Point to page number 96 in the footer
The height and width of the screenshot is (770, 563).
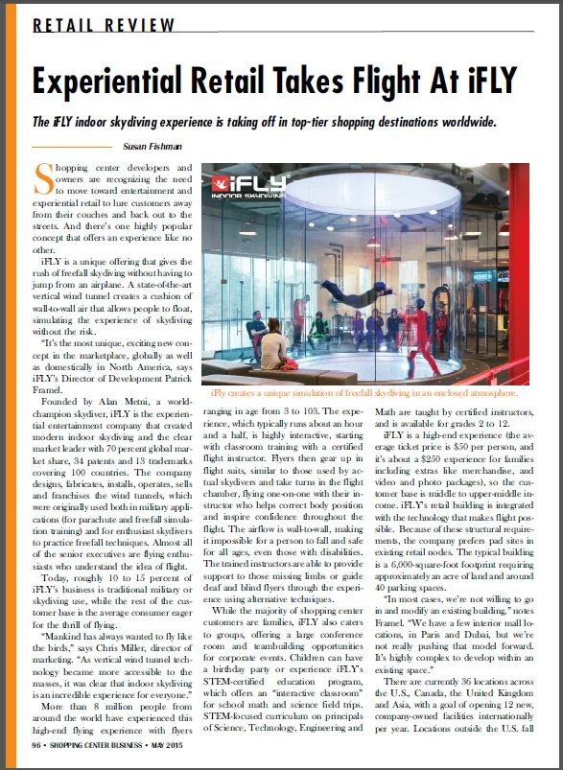pos(36,743)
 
